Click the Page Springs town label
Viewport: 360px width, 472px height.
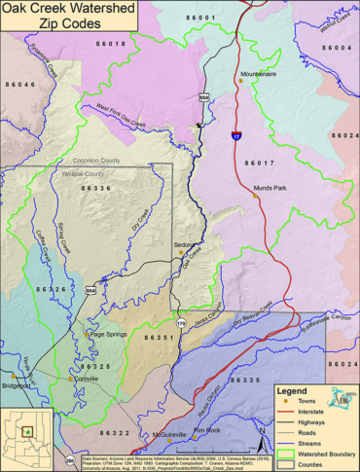pyautogui.click(x=108, y=334)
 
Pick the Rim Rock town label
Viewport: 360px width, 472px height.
pyautogui.click(x=208, y=429)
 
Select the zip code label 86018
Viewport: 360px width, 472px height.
pyautogui.click(x=111, y=45)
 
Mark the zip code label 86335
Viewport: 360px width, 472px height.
pyautogui.click(x=241, y=379)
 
